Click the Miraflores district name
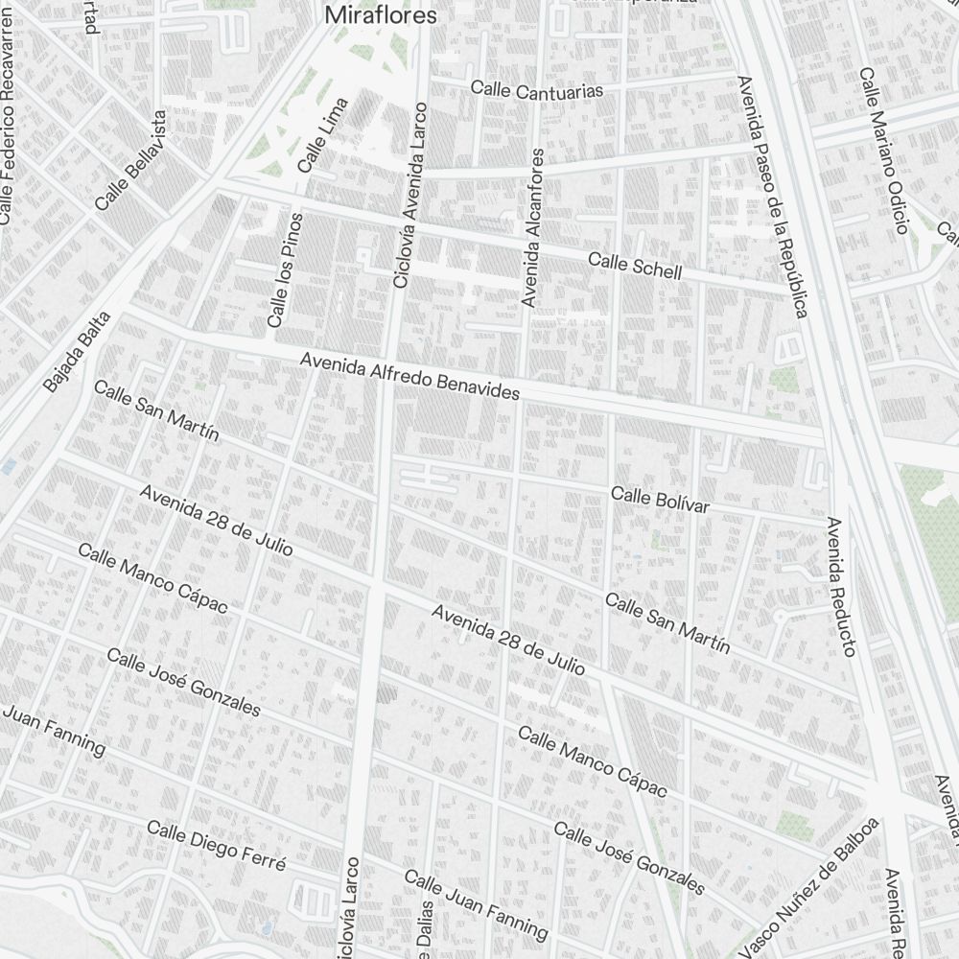click(x=381, y=15)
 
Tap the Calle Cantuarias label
click(x=537, y=89)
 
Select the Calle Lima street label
click(x=323, y=135)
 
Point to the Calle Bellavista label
click(x=131, y=160)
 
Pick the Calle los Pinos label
click(x=285, y=269)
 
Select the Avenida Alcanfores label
click(x=532, y=227)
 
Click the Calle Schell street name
click(x=635, y=266)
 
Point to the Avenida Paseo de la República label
click(x=772, y=197)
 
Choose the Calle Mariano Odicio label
click(x=883, y=151)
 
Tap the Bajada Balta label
click(x=78, y=352)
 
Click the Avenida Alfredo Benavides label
click(x=409, y=377)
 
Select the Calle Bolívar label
click(x=660, y=499)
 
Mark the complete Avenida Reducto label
click(x=840, y=587)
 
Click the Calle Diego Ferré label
click(x=216, y=847)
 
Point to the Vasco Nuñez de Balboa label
click(x=810, y=887)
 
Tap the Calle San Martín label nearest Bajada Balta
click(x=156, y=410)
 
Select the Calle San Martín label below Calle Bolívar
click(x=667, y=623)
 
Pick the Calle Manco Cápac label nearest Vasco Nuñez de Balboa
click(x=592, y=761)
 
